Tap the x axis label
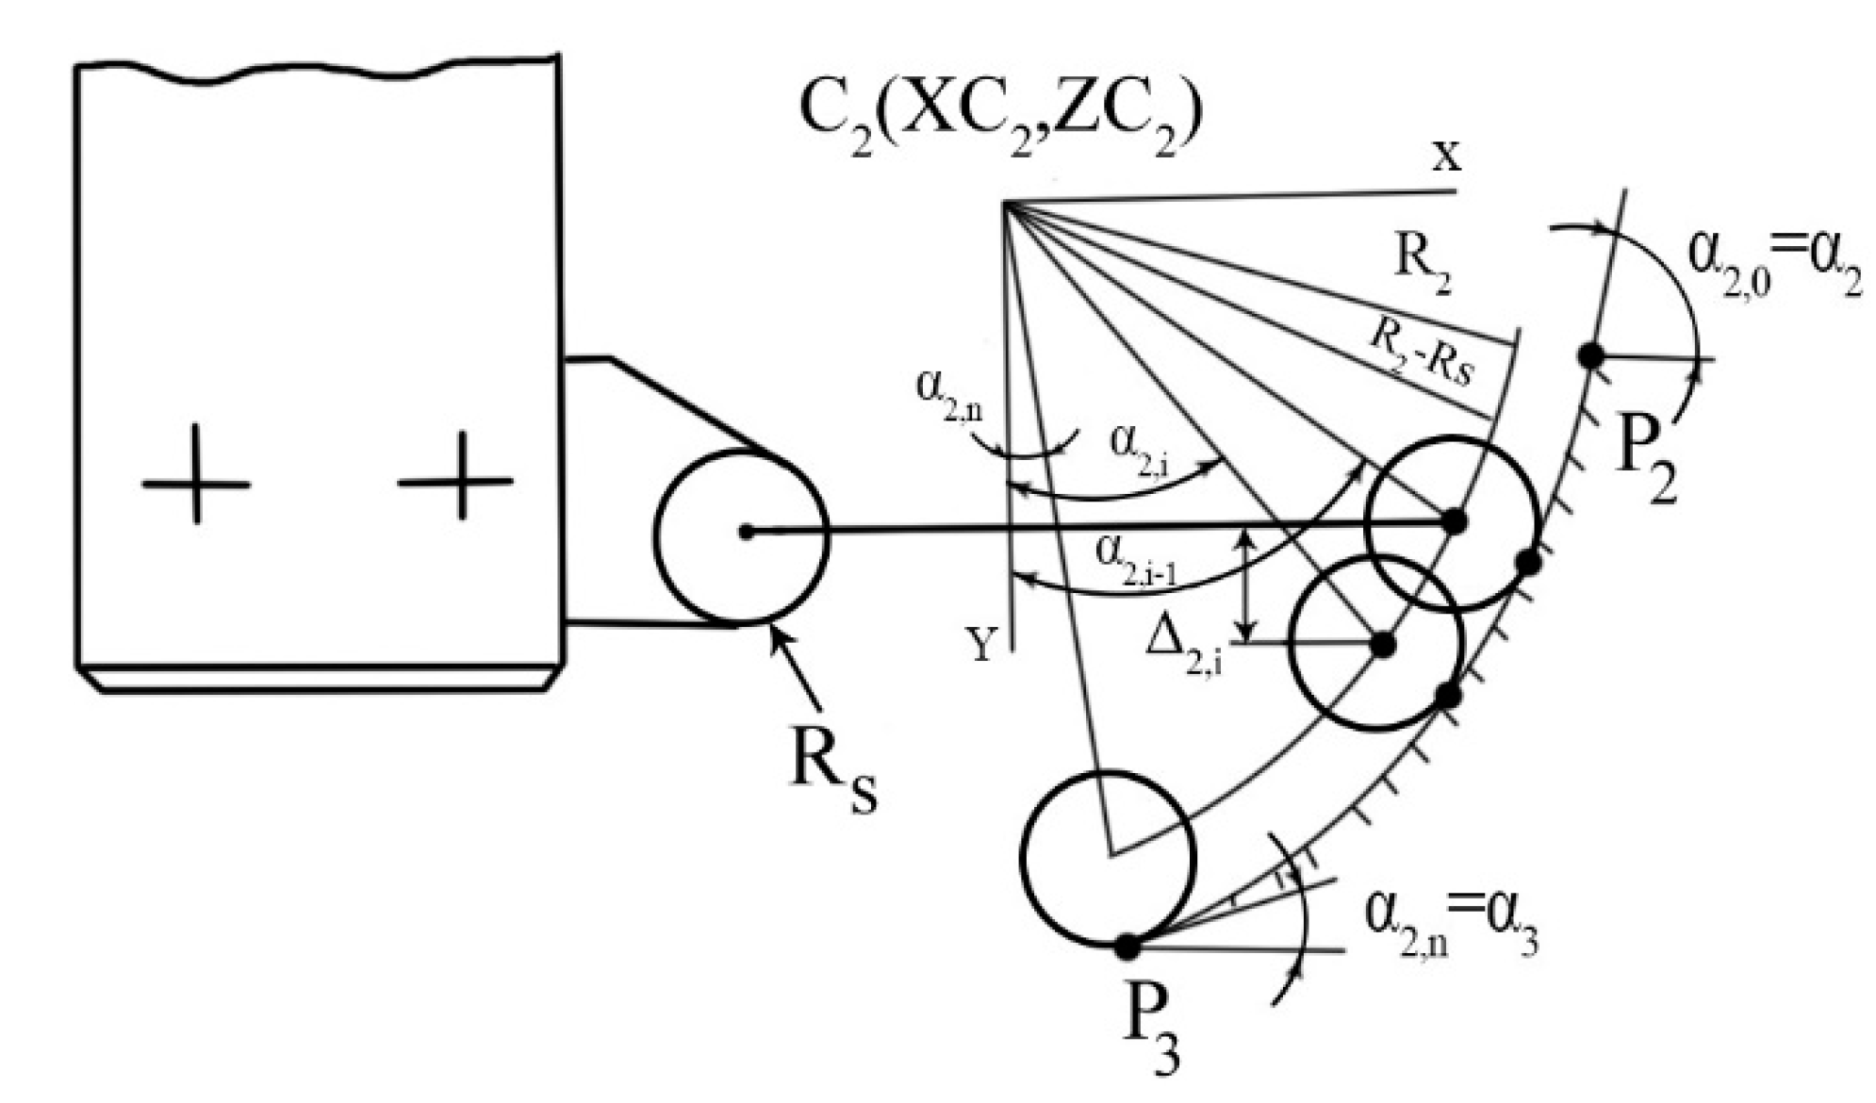1447,156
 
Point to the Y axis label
982,646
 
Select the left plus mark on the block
196,485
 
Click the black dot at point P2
1591,355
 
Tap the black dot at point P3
1127,946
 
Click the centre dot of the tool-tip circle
746,533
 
